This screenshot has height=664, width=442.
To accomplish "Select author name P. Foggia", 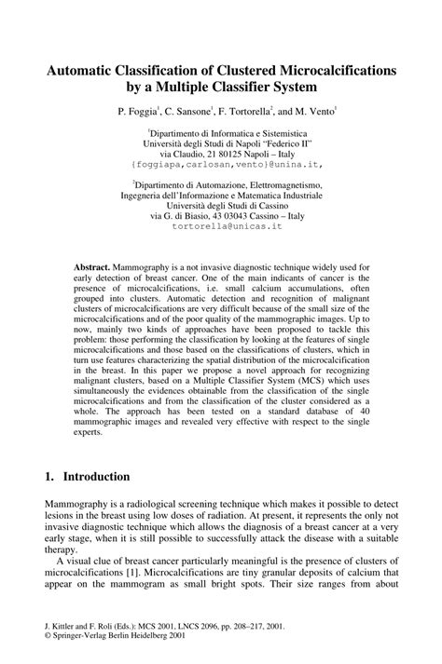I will tap(139, 111).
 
